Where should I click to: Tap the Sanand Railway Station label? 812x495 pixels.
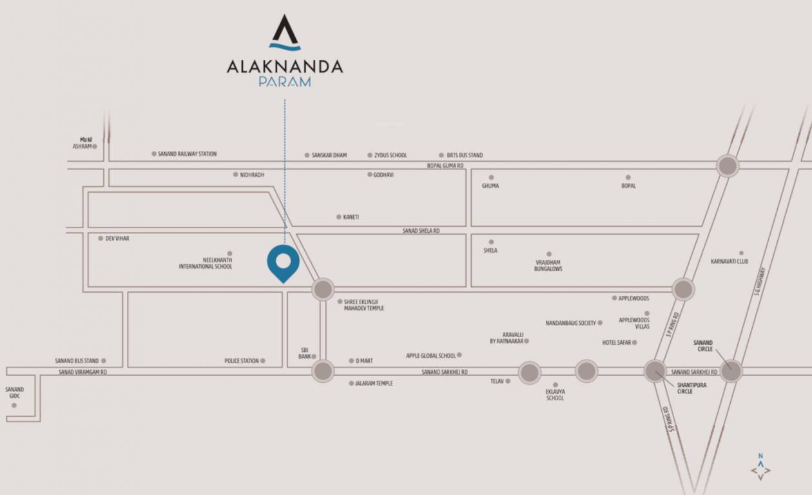click(x=187, y=154)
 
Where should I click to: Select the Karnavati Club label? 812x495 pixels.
click(x=729, y=262)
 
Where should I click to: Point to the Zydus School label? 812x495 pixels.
click(x=391, y=155)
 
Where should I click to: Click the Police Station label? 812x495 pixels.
click(x=242, y=361)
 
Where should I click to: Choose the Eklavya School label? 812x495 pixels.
click(x=555, y=394)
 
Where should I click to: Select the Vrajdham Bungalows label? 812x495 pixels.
click(x=548, y=265)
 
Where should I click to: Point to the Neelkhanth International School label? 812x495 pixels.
click(x=206, y=263)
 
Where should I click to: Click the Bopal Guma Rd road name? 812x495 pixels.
click(x=445, y=166)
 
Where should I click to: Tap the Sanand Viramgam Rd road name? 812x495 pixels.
click(x=82, y=372)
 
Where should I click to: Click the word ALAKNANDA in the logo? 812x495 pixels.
click(x=284, y=66)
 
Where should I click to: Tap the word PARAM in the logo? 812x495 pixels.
click(x=284, y=82)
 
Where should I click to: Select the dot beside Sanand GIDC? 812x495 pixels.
click(x=14, y=405)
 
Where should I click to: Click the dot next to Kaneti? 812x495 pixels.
click(x=338, y=217)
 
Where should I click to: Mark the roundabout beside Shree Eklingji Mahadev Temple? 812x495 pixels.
click(x=323, y=289)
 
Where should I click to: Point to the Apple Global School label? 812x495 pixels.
click(x=430, y=356)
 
